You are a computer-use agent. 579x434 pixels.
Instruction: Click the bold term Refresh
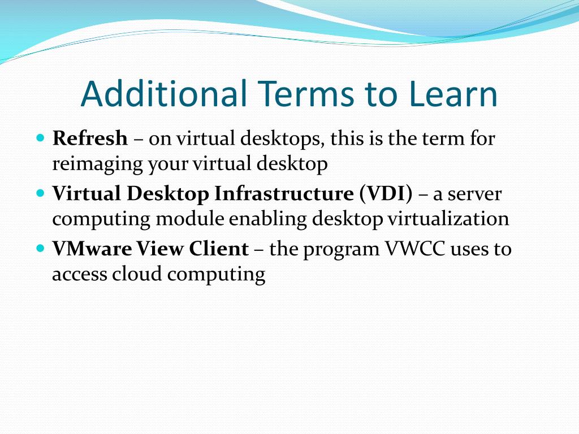[90, 138]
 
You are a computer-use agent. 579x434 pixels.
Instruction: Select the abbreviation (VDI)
[386, 193]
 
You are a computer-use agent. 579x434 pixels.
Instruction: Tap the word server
[476, 193]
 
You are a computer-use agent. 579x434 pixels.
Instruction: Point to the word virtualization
[448, 219]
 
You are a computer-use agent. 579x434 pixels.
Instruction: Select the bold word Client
[220, 249]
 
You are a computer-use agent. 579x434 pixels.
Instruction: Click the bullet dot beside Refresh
[40, 137]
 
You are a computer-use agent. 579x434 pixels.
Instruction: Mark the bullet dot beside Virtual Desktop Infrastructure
[40, 193]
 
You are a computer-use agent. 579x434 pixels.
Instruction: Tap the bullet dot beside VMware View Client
[40, 248]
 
